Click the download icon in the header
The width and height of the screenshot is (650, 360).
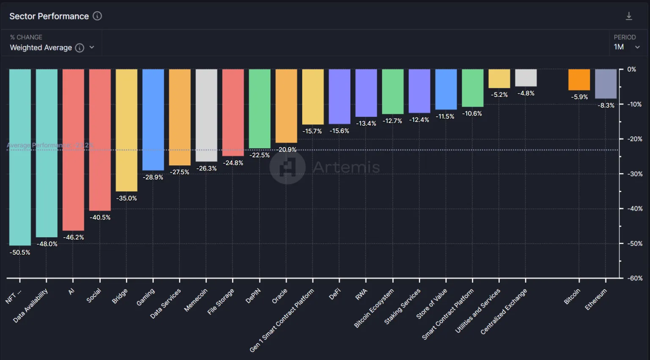pos(629,16)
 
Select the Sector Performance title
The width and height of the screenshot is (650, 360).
pos(49,16)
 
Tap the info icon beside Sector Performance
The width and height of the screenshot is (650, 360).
pos(97,16)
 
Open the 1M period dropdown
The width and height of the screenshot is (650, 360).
pos(626,47)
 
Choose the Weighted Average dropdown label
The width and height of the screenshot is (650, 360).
pos(41,48)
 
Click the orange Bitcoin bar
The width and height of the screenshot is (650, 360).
pos(579,80)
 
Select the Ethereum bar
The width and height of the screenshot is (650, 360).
pos(606,84)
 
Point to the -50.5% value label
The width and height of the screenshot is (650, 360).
pos(20,253)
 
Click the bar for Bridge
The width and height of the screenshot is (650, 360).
pos(127,130)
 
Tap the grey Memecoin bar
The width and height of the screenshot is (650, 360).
pos(206,115)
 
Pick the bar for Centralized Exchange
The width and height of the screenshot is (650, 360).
pos(526,78)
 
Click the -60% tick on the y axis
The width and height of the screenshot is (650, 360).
pos(634,278)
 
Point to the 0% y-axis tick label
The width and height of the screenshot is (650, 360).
pos(631,69)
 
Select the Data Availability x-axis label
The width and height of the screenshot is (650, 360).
pos(31,305)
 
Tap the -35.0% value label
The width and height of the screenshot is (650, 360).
pos(127,198)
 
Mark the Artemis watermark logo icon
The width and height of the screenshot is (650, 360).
pos(287,167)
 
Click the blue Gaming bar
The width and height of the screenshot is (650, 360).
pos(153,120)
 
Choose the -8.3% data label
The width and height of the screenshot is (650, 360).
pos(606,105)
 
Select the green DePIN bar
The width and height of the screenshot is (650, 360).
pos(259,109)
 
